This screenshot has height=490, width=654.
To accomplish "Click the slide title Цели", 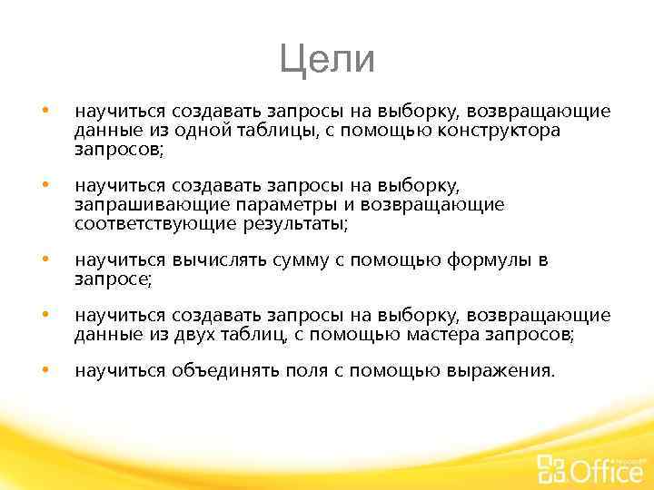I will coord(327,60).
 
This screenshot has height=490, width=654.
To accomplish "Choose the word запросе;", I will coord(114,280).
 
